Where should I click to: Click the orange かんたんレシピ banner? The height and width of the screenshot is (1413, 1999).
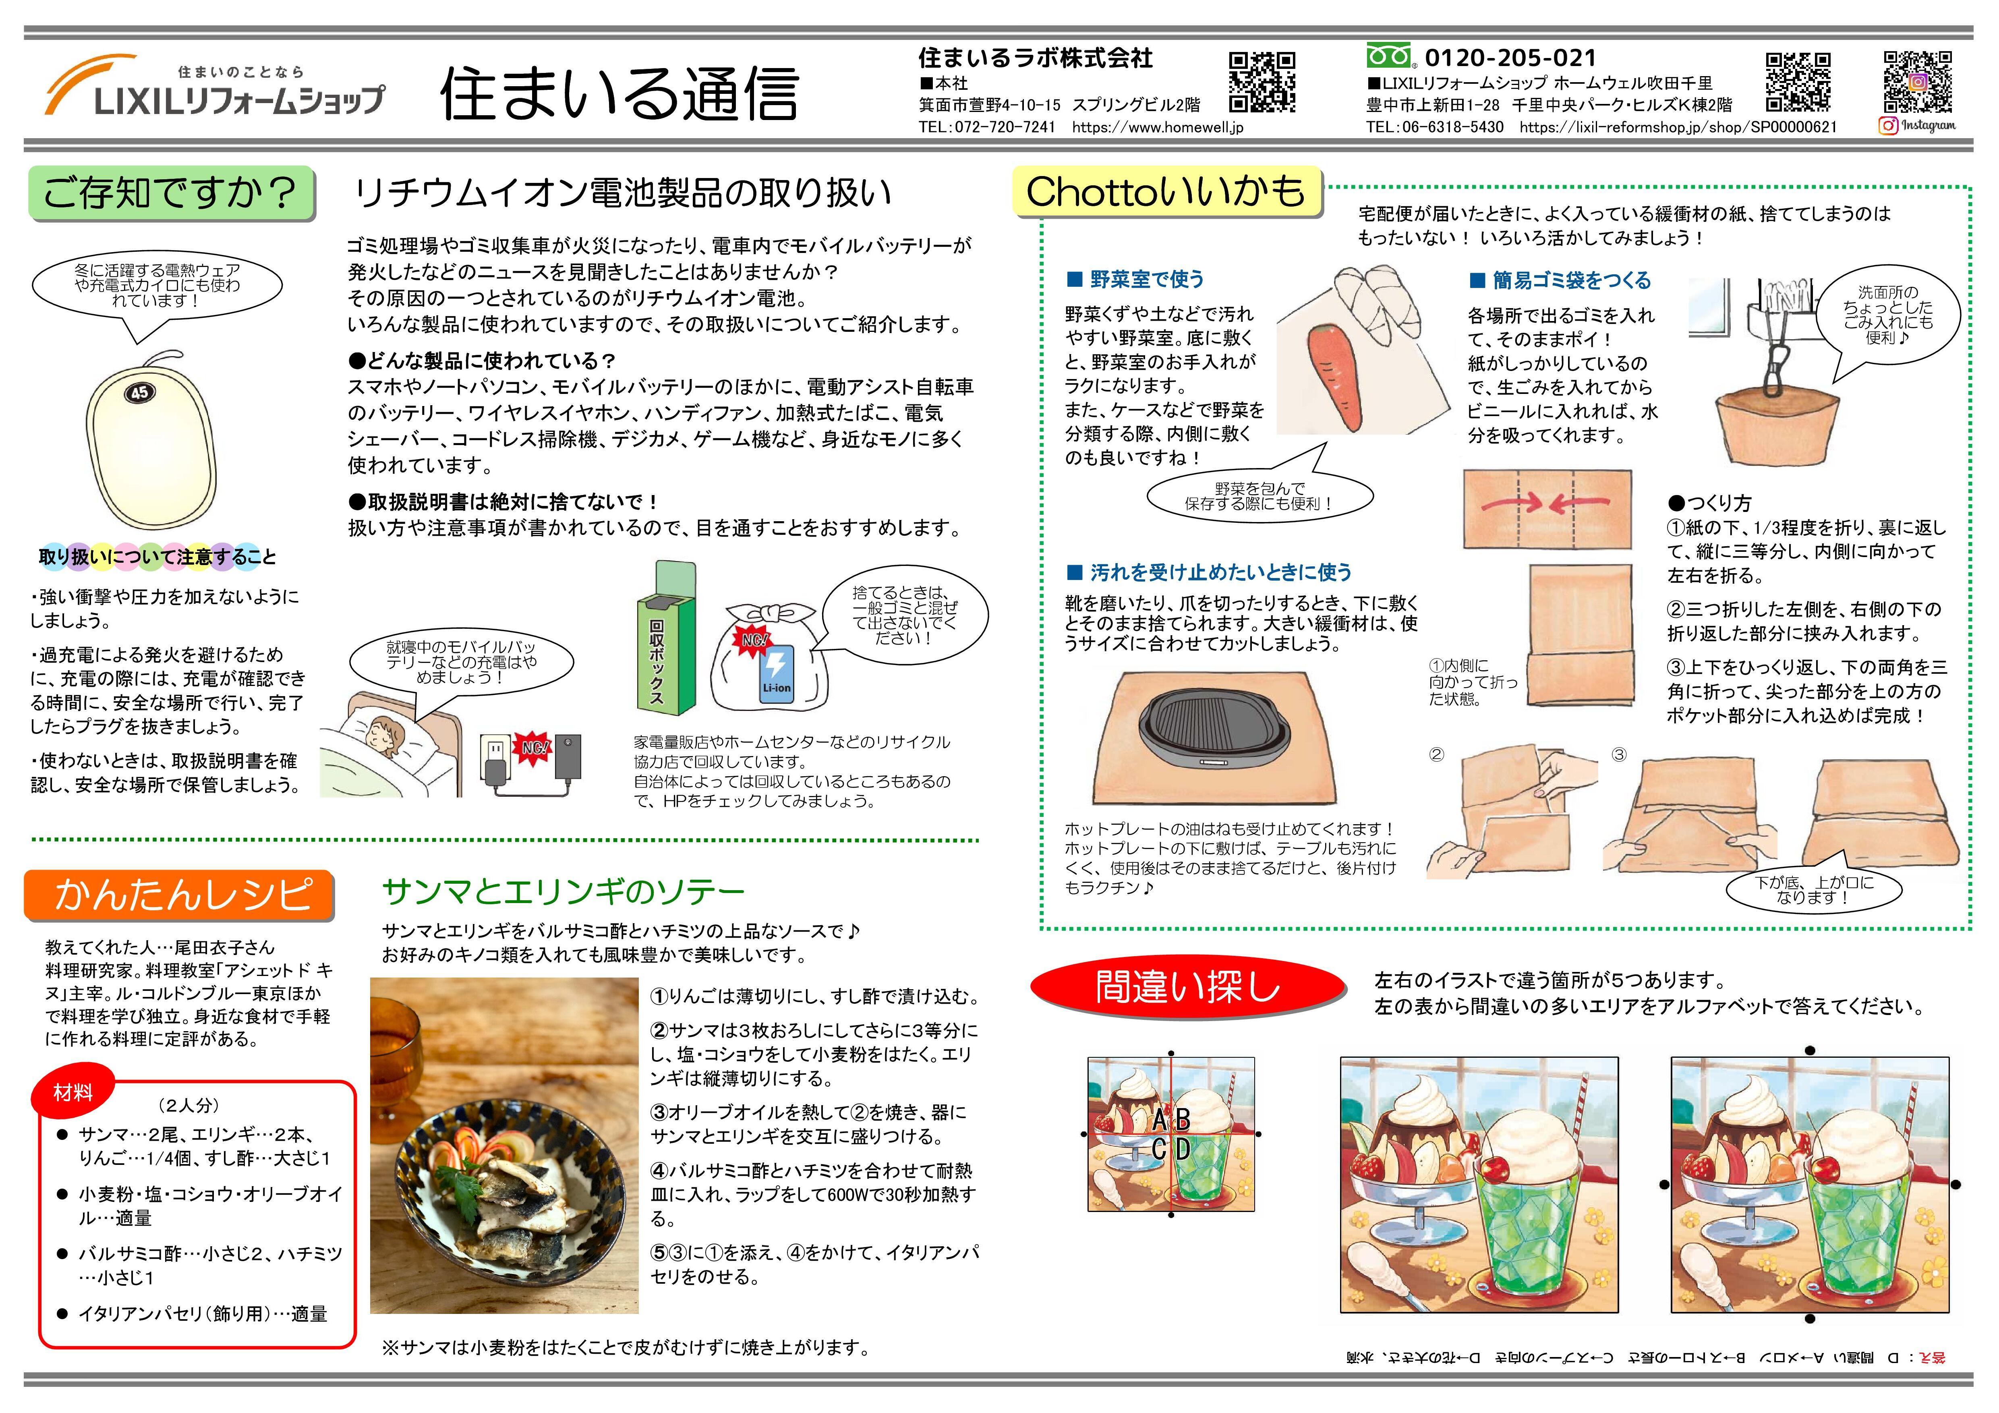179,894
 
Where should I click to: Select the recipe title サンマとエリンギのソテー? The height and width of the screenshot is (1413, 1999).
563,891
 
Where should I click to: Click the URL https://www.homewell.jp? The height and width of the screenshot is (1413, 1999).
1158,127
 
